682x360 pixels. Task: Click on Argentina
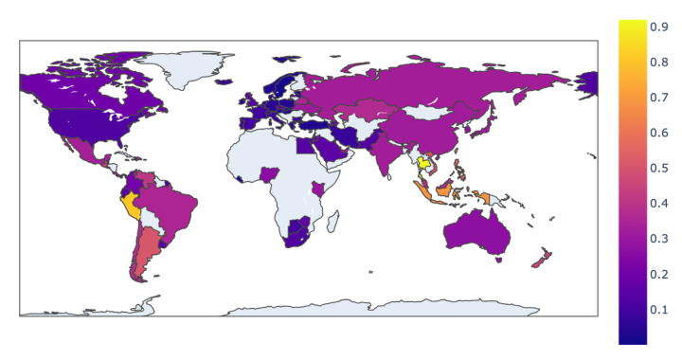[143, 252]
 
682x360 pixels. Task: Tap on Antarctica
[379, 307]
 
